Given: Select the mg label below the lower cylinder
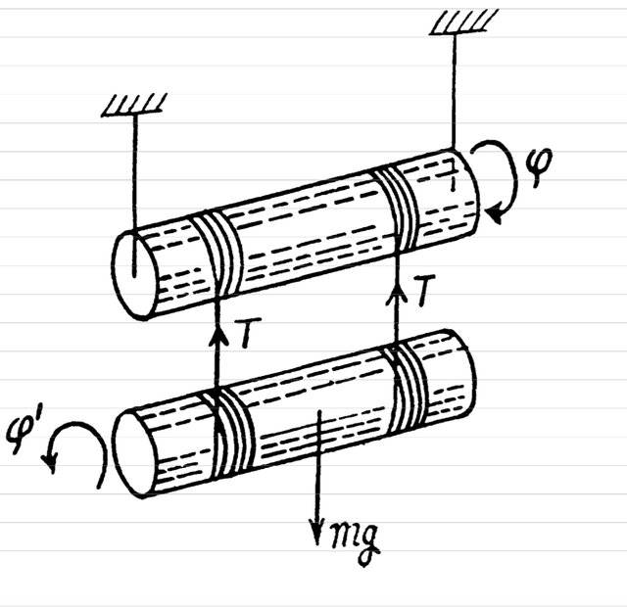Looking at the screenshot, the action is click(355, 541).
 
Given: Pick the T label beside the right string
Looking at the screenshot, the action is click(424, 290).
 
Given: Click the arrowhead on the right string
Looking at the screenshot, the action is click(397, 292).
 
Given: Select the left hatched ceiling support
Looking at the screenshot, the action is click(133, 105).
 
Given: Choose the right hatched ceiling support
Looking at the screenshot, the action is click(463, 22).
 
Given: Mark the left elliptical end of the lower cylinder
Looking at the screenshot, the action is click(135, 454).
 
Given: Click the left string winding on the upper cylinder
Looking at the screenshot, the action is click(217, 255).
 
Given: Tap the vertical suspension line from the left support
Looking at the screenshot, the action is click(134, 196).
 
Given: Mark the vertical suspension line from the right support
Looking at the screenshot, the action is click(455, 92).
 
